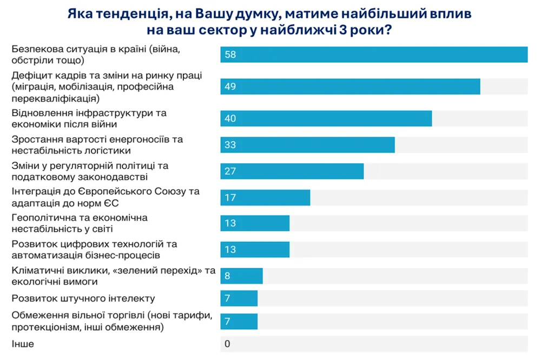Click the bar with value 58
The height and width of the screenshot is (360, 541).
point(373,55)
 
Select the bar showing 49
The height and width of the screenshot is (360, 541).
point(350,86)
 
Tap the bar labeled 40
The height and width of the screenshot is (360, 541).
point(326,118)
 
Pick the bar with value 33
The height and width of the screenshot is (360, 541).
point(307,145)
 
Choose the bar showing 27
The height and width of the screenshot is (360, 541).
point(292,171)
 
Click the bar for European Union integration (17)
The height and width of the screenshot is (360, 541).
point(265,197)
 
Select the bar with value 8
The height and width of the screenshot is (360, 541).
point(241,276)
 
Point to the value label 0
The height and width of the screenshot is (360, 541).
point(227,344)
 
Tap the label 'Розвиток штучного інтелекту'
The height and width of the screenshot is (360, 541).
point(83,298)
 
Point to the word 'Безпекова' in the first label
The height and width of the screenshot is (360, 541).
point(36,49)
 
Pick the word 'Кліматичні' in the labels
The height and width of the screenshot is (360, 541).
point(36,270)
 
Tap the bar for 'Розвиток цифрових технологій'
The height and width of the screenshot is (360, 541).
point(255,249)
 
